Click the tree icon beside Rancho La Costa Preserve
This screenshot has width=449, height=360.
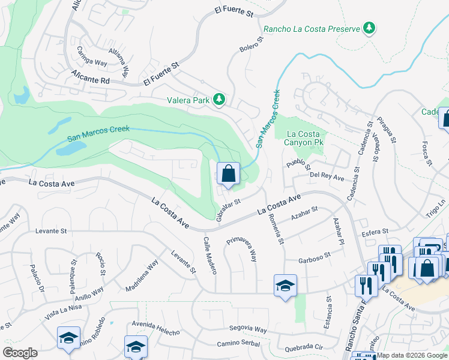[x=370, y=28]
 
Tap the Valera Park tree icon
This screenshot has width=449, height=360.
[x=220, y=100]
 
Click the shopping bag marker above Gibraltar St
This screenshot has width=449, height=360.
[x=228, y=174]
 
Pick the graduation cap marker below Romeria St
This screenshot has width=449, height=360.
[x=285, y=285]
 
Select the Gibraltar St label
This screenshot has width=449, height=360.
[x=228, y=210]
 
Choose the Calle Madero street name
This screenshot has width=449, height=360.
[x=209, y=256]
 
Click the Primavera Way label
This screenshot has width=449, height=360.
[x=242, y=249]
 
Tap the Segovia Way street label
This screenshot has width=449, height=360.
[x=248, y=329]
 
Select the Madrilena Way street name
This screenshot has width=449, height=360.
[x=142, y=275]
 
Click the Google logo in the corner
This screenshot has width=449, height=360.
[x=20, y=353]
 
